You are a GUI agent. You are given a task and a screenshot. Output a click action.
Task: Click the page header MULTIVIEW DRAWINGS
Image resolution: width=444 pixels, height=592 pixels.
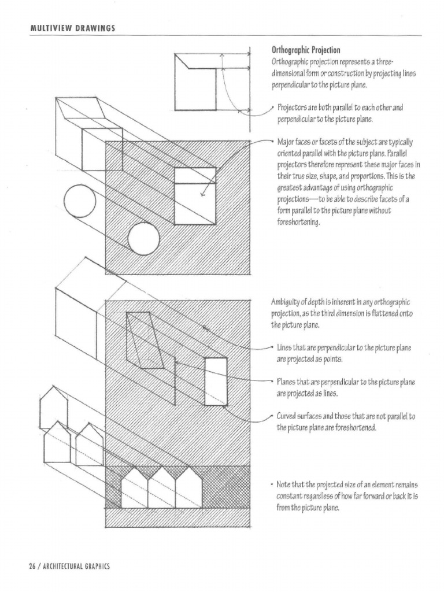point(65,29)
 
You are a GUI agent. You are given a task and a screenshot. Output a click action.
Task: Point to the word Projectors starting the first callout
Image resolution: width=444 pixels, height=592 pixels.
point(293,108)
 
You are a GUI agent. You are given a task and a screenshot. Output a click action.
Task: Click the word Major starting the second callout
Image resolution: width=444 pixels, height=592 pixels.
point(287,142)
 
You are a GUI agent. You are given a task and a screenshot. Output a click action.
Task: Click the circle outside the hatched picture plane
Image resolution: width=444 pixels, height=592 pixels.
point(79,202)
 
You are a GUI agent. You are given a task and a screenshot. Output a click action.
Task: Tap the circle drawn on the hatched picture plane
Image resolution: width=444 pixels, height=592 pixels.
point(143,239)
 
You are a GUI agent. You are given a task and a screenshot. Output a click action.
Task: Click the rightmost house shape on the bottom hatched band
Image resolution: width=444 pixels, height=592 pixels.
point(188,489)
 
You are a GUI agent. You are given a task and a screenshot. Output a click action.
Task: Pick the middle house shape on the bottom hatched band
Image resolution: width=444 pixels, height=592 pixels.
point(161,489)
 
